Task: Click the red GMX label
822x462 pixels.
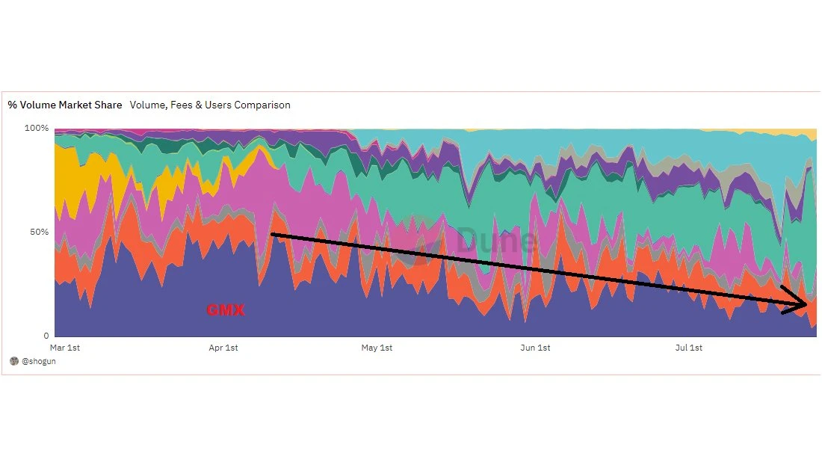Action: [225, 309]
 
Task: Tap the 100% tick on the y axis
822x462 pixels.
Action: [37, 129]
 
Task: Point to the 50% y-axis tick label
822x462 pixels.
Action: [39, 232]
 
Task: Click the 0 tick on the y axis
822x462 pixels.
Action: [46, 336]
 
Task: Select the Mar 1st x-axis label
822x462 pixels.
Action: [64, 348]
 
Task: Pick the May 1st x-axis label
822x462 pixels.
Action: [377, 348]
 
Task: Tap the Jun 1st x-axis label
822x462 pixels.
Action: [535, 348]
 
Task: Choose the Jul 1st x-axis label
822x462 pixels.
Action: [689, 348]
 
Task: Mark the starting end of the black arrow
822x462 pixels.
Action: [272, 235]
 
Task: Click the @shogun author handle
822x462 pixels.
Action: [39, 361]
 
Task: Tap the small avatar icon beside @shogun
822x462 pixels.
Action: [13, 361]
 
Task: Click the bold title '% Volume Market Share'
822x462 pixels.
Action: [65, 105]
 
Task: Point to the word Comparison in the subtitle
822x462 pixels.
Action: [262, 105]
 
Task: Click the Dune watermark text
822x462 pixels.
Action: [496, 241]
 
